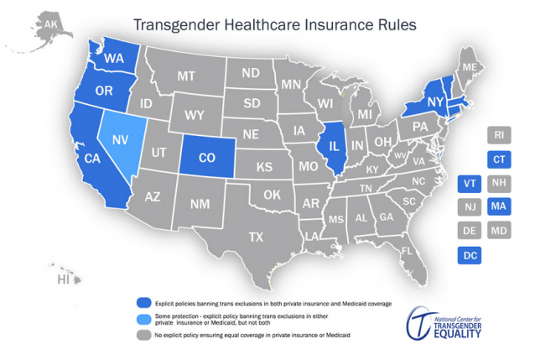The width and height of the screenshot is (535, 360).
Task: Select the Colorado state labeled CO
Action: tap(208, 156)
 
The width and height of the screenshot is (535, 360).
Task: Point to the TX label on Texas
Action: tap(256, 236)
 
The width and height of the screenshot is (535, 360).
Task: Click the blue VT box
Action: tap(470, 183)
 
